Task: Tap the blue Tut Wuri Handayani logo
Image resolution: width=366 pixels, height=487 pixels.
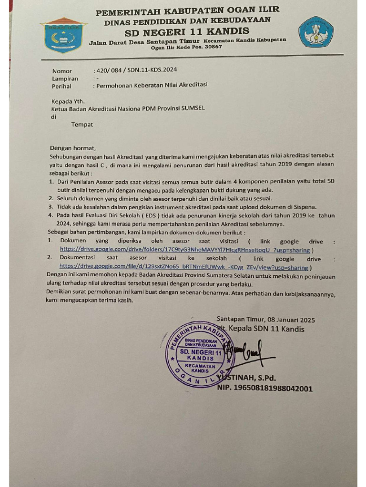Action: (315, 32)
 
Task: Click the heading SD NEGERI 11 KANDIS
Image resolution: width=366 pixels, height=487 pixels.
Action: (187, 31)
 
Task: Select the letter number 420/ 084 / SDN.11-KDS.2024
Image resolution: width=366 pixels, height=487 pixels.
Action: (137, 69)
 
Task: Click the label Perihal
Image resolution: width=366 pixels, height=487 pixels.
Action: (61, 87)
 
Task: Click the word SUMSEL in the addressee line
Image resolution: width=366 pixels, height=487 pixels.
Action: (193, 108)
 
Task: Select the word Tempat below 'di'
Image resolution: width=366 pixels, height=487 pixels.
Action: (82, 125)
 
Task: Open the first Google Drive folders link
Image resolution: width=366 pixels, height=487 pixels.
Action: (184, 250)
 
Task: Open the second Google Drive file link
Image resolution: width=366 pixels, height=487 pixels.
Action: (183, 267)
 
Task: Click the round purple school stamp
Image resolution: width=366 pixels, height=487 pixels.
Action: (200, 353)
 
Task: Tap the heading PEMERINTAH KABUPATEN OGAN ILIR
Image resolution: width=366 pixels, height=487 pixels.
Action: (188, 10)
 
